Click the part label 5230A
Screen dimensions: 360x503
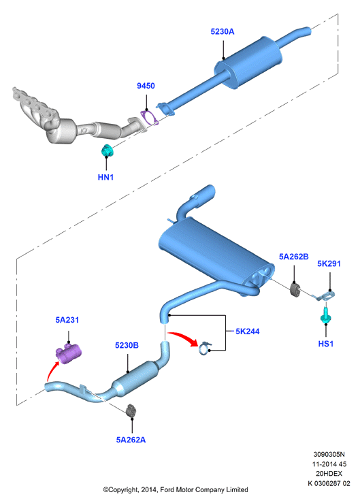[x=223, y=31]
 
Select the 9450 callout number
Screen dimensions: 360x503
[x=146, y=86]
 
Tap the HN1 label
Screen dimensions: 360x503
[x=105, y=177]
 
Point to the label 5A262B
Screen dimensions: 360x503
[x=293, y=257]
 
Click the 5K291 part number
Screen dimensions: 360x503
[x=329, y=263]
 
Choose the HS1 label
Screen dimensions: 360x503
[x=326, y=344]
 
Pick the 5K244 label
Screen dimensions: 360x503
[x=248, y=331]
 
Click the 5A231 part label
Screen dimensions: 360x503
[x=67, y=320]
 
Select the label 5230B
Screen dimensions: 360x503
[x=127, y=346]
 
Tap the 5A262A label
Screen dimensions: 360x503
[x=131, y=440]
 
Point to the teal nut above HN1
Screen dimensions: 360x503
[x=108, y=150]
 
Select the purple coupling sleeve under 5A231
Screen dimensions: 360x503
[x=69, y=353]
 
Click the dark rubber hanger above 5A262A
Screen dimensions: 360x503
[x=131, y=411]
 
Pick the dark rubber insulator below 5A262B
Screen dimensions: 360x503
[x=295, y=289]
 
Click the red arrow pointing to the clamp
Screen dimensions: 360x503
[x=183, y=338]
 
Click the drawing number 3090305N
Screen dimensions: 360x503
[x=329, y=454]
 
